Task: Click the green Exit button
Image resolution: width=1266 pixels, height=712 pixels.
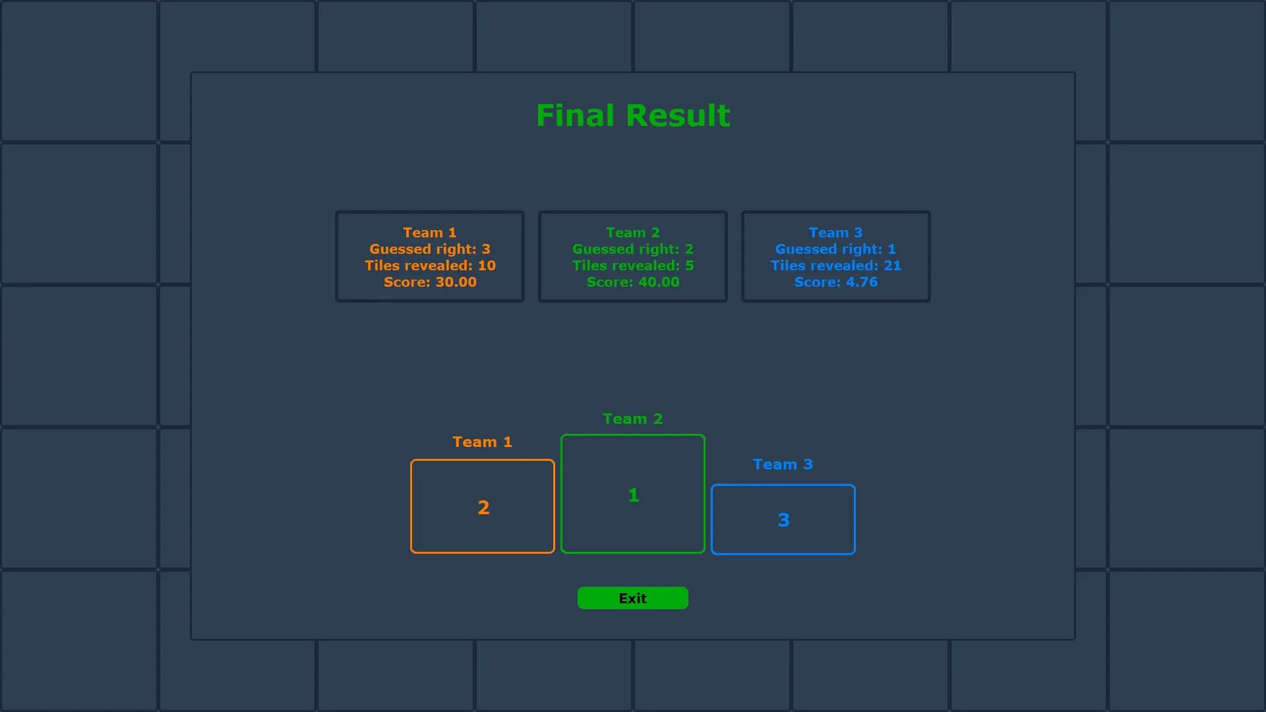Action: pyautogui.click(x=633, y=598)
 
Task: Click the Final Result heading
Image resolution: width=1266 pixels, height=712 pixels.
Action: pyautogui.click(x=633, y=115)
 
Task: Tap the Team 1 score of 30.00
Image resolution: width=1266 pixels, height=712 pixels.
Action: pyautogui.click(x=430, y=282)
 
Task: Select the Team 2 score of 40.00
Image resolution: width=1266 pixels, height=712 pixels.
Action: pyautogui.click(x=633, y=282)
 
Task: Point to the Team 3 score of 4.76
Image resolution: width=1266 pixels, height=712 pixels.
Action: pyautogui.click(x=836, y=282)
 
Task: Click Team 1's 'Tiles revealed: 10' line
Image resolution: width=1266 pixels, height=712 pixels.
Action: pyautogui.click(x=430, y=266)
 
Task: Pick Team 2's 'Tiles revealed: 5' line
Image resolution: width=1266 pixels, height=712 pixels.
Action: pyautogui.click(x=633, y=266)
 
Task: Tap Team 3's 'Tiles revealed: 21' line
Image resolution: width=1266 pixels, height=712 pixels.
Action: pyautogui.click(x=836, y=266)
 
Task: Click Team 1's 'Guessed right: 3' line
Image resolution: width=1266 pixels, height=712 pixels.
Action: pyautogui.click(x=430, y=249)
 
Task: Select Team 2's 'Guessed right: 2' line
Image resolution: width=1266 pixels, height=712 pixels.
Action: pyautogui.click(x=633, y=249)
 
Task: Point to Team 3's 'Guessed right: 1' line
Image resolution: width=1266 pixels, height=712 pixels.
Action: pyautogui.click(x=836, y=249)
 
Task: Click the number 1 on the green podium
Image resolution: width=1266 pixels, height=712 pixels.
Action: pyautogui.click(x=634, y=495)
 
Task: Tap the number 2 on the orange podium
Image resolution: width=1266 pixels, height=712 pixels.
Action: pyautogui.click(x=483, y=507)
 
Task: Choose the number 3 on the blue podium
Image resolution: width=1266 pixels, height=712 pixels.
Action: pyautogui.click(x=783, y=520)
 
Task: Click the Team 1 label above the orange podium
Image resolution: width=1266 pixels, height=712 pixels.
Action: pyautogui.click(x=482, y=442)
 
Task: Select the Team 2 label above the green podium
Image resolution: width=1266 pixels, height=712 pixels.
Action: pyautogui.click(x=633, y=419)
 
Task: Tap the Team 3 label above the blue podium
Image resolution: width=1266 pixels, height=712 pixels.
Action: pyautogui.click(x=783, y=464)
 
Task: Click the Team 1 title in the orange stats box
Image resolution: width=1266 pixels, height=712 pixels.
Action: pyautogui.click(x=430, y=233)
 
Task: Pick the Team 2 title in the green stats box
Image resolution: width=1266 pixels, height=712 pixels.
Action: pyautogui.click(x=633, y=233)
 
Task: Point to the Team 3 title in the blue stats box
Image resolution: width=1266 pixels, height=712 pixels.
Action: pyautogui.click(x=836, y=233)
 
